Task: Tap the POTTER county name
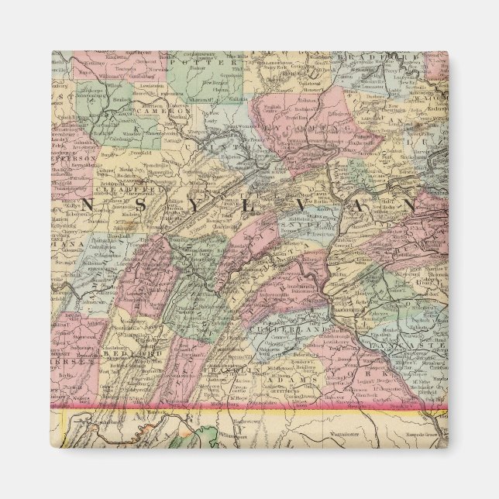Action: (202, 60)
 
